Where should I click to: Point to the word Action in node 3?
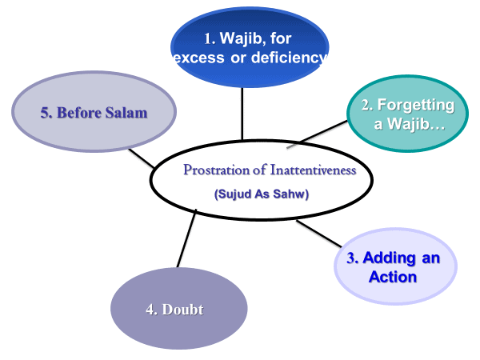[393, 278]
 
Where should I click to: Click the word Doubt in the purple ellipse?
[185, 310]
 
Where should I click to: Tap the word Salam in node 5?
[125, 113]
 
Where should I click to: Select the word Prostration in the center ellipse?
[217, 170]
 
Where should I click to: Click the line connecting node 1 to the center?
[242, 112]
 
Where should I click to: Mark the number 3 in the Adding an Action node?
[351, 258]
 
